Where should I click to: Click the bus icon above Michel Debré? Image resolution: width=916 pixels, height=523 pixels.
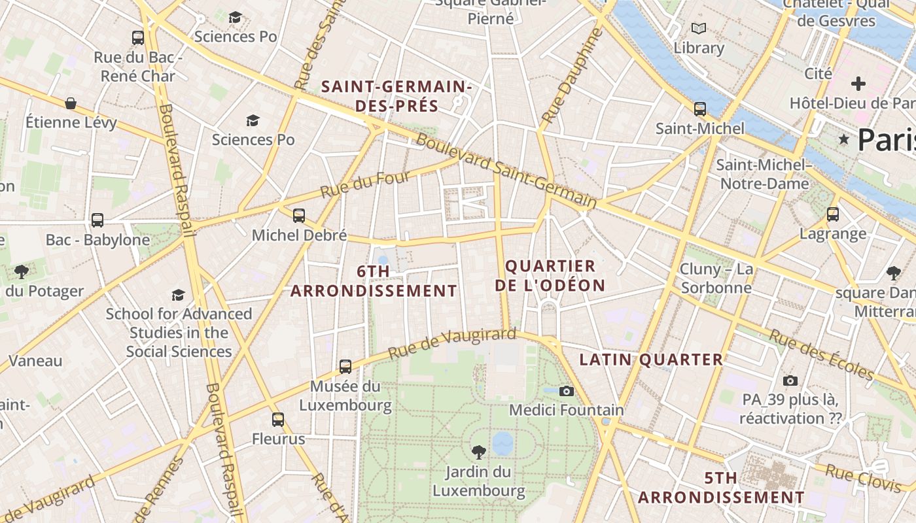[299, 215]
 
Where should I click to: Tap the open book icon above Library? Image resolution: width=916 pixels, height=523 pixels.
[699, 28]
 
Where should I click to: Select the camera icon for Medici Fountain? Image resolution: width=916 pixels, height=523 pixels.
[567, 391]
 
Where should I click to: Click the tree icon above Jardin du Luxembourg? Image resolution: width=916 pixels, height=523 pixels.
[479, 451]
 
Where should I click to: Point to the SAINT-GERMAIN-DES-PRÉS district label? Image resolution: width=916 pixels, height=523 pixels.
[396, 96]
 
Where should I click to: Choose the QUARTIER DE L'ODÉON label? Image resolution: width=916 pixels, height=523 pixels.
[550, 276]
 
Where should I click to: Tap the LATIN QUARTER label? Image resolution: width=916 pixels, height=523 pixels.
[651, 360]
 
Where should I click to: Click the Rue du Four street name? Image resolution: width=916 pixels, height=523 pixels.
[365, 184]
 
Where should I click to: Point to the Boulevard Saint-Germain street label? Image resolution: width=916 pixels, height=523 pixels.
[506, 171]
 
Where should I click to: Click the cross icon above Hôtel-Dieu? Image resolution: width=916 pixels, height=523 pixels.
[858, 84]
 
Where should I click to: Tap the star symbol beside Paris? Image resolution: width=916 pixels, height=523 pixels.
[844, 139]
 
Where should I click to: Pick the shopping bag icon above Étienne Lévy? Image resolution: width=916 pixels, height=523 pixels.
[71, 103]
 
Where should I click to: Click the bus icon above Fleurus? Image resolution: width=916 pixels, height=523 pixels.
[278, 419]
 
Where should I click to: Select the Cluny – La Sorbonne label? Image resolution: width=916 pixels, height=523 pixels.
[716, 278]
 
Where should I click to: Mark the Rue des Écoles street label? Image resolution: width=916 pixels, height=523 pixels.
[821, 354]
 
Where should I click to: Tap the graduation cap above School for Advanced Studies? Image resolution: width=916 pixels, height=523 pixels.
[178, 295]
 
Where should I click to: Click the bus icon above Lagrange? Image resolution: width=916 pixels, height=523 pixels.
[832, 214]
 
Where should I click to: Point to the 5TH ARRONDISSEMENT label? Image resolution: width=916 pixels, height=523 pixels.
[721, 488]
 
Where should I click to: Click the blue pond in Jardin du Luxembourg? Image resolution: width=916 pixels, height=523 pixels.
[502, 443]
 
